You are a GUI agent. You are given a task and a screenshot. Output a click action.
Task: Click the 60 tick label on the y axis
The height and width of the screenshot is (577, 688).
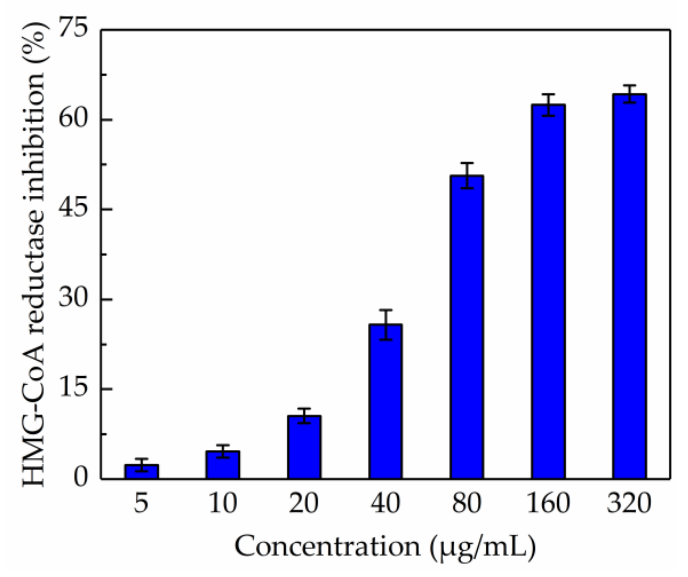click(73, 119)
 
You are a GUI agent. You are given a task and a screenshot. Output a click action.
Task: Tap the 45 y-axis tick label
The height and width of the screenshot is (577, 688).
click(73, 209)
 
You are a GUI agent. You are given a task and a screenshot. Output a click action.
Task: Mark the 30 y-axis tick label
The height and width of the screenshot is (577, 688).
click(73, 299)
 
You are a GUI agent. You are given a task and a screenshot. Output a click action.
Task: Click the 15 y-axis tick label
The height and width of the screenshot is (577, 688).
click(73, 389)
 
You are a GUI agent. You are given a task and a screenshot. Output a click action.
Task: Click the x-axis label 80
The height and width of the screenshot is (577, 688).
click(467, 503)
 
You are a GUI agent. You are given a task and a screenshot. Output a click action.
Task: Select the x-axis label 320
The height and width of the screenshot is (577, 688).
click(629, 503)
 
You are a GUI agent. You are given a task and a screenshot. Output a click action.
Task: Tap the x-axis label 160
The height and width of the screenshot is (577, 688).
click(548, 503)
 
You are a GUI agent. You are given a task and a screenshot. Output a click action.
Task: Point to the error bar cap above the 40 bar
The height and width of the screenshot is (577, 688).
click(386, 310)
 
